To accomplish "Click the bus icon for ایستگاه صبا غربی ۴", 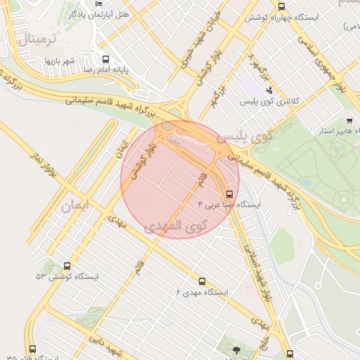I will [x=229, y=194].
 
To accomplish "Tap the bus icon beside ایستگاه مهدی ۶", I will [x=202, y=281].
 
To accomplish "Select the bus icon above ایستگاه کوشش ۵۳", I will [x=67, y=266].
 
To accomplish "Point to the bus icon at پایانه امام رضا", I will [x=105, y=60].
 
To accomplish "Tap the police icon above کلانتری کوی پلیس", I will [x=270, y=90].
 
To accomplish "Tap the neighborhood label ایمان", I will [x=76, y=206].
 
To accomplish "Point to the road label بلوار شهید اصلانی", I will [x=255, y=262].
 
